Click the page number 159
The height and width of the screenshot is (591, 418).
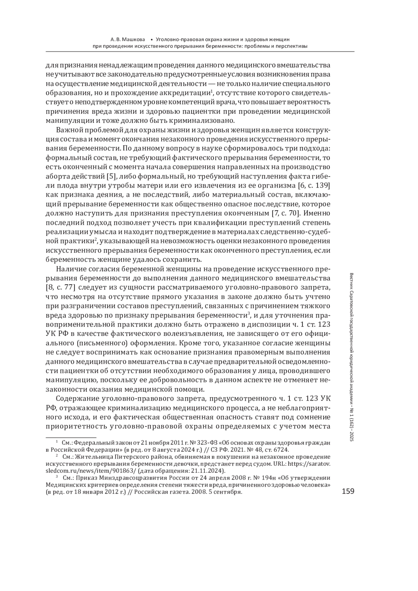click(x=348, y=491)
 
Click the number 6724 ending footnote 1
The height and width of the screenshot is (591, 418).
click(x=281, y=449)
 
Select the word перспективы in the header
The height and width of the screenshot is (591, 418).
click(x=291, y=46)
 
